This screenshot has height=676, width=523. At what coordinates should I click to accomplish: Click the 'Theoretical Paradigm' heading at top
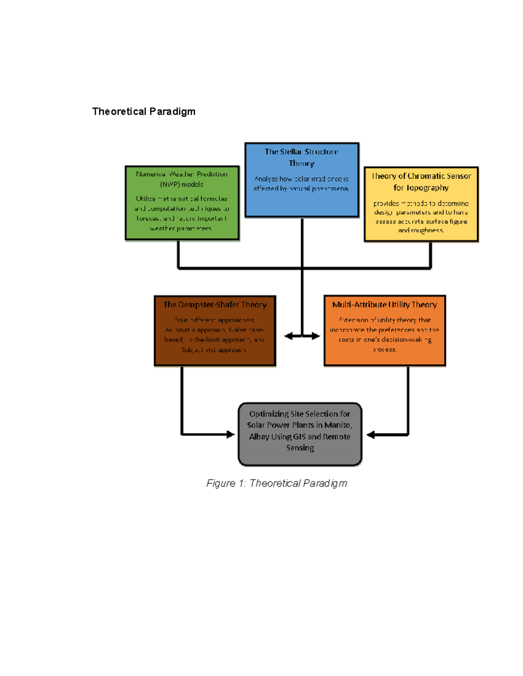143,111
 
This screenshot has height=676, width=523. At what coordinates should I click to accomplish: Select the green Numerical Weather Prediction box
182,203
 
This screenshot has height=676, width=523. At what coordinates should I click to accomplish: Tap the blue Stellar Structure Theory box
302,179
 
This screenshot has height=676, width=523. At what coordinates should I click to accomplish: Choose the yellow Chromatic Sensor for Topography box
421,204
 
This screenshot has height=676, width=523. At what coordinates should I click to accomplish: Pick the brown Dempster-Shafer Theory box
215,331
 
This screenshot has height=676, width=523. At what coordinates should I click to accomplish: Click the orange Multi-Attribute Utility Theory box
384,331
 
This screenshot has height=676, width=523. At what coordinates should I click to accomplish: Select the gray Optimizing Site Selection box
300,434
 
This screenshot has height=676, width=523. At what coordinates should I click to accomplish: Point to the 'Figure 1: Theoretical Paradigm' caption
276,483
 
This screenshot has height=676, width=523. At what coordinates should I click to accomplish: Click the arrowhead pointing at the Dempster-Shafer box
288,336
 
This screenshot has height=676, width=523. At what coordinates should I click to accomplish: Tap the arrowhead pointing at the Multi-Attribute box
316,336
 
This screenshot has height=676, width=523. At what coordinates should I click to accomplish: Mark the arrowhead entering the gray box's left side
231,434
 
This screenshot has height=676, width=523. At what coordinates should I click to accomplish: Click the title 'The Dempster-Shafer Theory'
215,305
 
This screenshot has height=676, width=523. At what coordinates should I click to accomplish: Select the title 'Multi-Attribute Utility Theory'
384,305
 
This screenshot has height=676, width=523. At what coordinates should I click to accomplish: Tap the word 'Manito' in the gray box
337,425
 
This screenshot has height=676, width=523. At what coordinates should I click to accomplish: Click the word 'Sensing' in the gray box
300,448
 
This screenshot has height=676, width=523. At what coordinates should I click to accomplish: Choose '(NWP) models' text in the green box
182,185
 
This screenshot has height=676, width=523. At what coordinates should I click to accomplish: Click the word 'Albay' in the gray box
259,437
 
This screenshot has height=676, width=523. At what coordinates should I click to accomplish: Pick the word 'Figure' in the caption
221,483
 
